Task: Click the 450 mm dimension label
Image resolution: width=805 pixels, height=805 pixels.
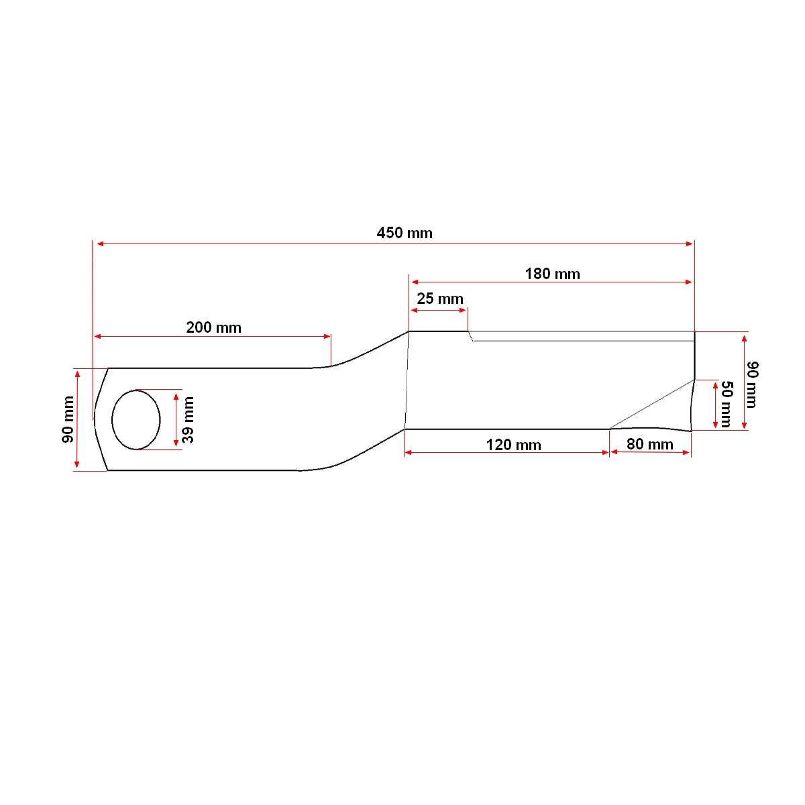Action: (x=405, y=233)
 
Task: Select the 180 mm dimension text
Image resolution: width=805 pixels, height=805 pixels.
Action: (x=552, y=274)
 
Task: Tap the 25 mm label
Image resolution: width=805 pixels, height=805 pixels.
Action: (x=439, y=299)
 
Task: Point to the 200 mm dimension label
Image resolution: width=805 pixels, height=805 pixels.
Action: (x=213, y=327)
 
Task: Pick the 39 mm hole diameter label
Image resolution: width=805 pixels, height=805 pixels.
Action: (x=189, y=419)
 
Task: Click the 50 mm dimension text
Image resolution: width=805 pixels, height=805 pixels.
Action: (x=726, y=404)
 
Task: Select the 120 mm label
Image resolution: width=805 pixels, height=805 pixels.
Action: (x=513, y=445)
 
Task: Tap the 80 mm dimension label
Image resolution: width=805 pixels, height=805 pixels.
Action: (x=649, y=444)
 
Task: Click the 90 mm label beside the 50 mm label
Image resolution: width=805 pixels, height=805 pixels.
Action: (x=752, y=384)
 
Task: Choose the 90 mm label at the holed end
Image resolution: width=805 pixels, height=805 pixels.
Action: (x=68, y=419)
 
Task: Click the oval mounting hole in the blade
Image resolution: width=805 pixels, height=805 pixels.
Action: (x=136, y=419)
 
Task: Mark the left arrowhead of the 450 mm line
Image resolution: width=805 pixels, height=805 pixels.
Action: (x=99, y=244)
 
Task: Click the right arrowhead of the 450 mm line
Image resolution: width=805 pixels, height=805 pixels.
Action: (x=690, y=244)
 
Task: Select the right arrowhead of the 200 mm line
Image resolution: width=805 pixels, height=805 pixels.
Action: (x=327, y=336)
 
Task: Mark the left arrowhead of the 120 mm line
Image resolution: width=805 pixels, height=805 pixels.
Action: (x=408, y=453)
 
